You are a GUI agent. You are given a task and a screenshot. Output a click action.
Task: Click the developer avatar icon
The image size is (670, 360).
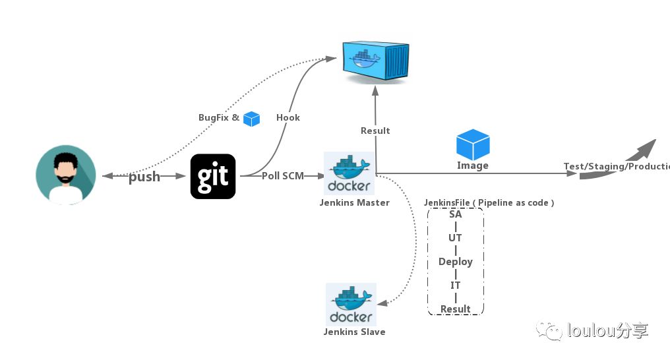65,175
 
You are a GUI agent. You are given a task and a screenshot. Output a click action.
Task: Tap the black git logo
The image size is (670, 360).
213,176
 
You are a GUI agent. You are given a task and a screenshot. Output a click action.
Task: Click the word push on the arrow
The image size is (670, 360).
144,177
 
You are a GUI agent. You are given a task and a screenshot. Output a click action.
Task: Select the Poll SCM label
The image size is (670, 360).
283,176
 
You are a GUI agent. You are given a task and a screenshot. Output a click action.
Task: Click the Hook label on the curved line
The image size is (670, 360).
288,117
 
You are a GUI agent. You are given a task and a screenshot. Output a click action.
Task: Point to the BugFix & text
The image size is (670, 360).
219,117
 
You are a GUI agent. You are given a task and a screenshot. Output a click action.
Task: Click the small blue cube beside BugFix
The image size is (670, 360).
251,119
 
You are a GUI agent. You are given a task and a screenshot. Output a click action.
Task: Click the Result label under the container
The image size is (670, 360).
375,131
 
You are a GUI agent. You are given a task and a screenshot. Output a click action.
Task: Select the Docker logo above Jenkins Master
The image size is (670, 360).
350,173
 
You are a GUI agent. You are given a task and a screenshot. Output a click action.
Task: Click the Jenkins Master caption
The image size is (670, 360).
355,202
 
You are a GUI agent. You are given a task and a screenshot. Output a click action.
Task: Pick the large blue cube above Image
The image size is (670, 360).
473,144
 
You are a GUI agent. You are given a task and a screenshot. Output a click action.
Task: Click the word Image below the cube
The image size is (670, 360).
473,165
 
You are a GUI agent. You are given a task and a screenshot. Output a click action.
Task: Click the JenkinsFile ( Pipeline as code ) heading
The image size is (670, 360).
489,203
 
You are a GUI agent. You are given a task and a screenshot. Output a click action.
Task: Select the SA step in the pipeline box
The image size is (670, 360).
455,214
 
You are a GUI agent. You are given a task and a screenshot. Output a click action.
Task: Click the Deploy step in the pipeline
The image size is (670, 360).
455,262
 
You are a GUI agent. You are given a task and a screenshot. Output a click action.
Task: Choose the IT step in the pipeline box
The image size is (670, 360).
455,285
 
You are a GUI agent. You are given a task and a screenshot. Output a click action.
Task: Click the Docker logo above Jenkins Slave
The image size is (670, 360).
351,303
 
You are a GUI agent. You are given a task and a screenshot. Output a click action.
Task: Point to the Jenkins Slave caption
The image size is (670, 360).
354,332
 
